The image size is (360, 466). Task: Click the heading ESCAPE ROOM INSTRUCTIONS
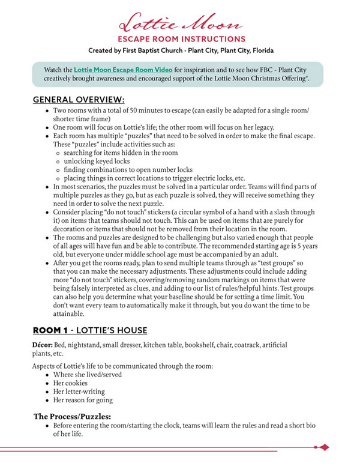point(181,40)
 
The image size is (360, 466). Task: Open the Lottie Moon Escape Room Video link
point(123,70)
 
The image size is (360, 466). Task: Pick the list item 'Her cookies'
point(70,383)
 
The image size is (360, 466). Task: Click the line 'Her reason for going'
point(83,400)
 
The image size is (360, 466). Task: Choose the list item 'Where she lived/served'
point(88,375)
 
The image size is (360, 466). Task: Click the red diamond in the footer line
point(325,447)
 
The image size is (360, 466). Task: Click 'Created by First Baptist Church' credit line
point(181,50)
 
